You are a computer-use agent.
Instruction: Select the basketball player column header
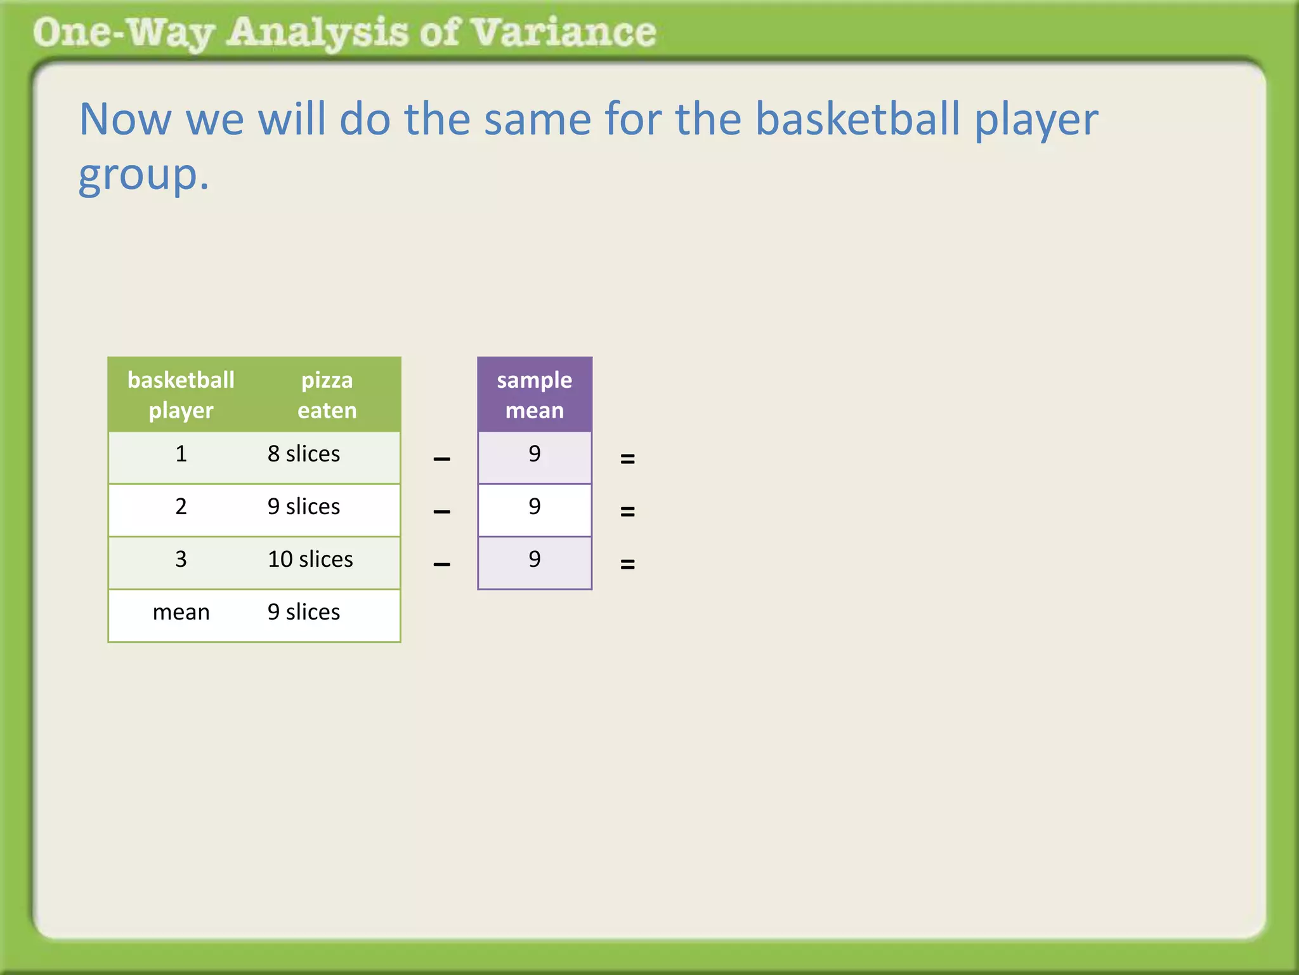181,395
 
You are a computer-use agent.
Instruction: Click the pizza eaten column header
327,395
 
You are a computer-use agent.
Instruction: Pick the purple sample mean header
534,395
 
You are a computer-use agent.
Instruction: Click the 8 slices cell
304,454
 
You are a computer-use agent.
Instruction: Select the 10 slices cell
310,559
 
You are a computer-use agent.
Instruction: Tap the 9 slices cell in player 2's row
304,507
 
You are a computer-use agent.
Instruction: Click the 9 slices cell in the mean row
304,612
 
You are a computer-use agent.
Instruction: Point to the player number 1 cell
181,454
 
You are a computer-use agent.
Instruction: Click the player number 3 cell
181,559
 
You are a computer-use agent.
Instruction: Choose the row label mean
181,612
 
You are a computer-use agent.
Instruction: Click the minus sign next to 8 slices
441,458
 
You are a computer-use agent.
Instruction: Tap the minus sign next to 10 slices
441,564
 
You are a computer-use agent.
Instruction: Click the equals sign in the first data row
627,458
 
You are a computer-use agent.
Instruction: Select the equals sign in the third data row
627,564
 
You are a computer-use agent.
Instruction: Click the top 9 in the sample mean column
534,454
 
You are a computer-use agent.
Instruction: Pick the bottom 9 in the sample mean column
534,559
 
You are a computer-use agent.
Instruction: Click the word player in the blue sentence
1036,121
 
